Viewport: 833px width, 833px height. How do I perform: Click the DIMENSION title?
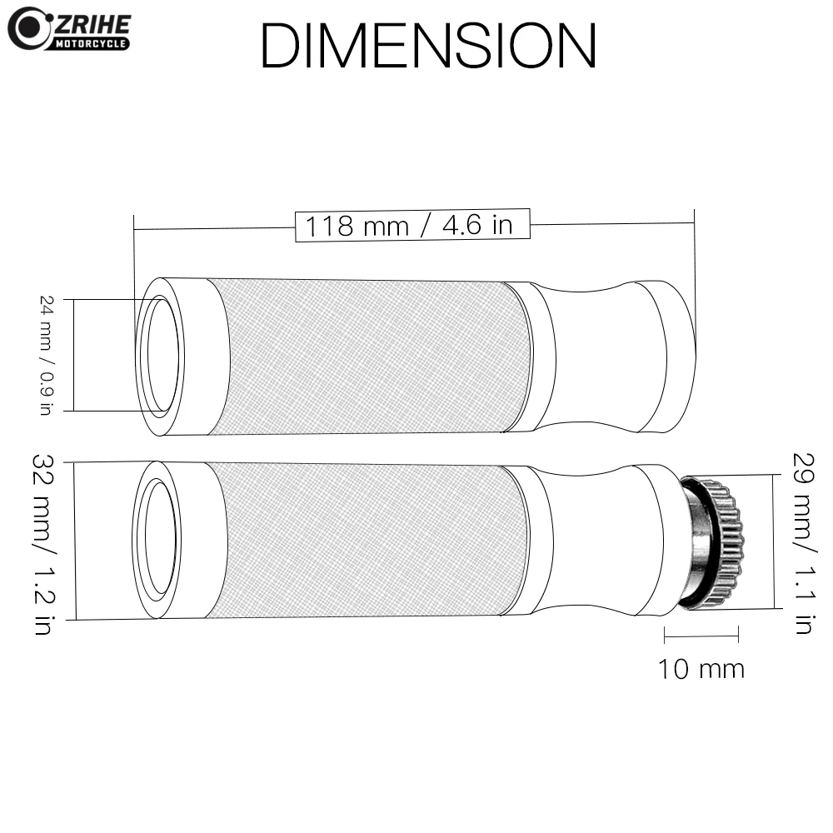coord(428,46)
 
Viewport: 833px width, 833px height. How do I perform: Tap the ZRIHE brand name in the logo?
coord(93,24)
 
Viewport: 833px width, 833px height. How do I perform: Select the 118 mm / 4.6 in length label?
coord(409,225)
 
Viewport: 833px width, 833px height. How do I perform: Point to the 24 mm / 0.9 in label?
coord(47,355)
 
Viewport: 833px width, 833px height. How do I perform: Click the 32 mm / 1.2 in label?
coord(43,544)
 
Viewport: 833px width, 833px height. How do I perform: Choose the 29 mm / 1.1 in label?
coord(803,543)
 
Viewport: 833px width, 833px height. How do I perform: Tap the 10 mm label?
coord(701,669)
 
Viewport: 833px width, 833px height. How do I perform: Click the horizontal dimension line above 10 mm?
coord(701,636)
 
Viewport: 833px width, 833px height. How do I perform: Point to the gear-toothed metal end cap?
coord(713,543)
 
